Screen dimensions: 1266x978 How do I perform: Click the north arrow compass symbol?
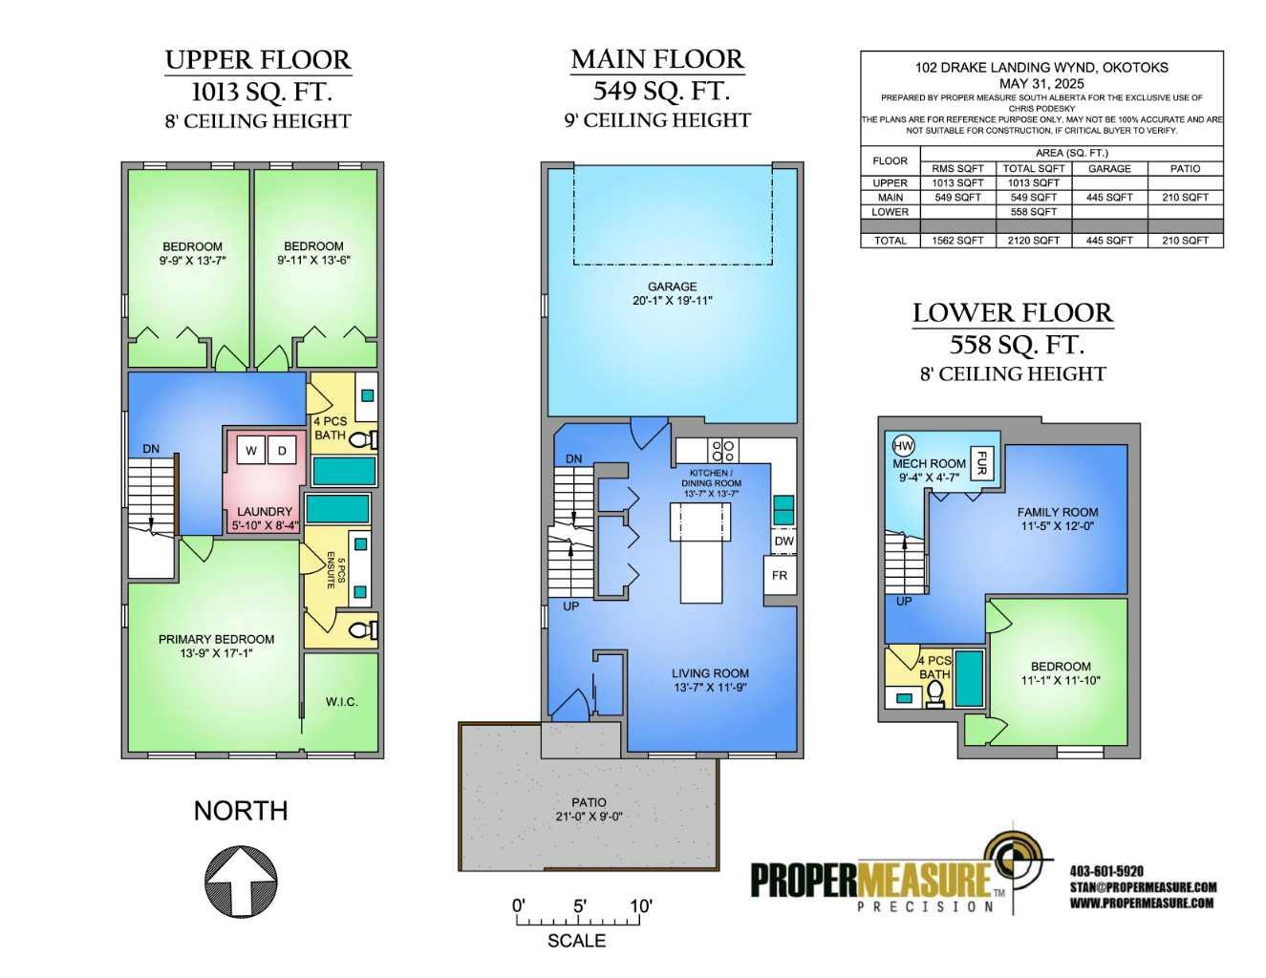(x=241, y=882)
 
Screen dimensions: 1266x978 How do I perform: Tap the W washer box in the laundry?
(x=251, y=451)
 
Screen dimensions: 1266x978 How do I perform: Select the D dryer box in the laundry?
(x=282, y=451)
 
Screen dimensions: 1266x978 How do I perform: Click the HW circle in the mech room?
(x=903, y=447)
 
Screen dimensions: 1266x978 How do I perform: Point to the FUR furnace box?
(x=981, y=463)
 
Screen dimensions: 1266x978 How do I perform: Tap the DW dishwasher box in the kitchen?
(x=783, y=541)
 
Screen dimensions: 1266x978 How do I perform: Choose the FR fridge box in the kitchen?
(x=780, y=575)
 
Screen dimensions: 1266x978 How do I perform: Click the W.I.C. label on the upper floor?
(x=341, y=702)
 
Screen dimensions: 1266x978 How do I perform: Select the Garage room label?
(x=673, y=287)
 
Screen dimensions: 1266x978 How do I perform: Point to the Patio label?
(x=589, y=802)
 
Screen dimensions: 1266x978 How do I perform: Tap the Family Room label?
(x=1058, y=512)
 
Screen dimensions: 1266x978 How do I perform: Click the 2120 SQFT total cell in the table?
(x=1034, y=241)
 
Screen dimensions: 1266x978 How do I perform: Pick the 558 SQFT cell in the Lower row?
(x=1034, y=212)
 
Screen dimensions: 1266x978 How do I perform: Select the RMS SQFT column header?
(x=957, y=169)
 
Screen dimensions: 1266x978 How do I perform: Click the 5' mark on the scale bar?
(x=580, y=906)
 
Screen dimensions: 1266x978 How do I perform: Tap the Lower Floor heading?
(x=1013, y=313)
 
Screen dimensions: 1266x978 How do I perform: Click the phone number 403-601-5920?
(x=1106, y=871)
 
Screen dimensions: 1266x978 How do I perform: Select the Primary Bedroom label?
(x=216, y=639)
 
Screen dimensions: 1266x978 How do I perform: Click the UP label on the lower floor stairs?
(x=904, y=602)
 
